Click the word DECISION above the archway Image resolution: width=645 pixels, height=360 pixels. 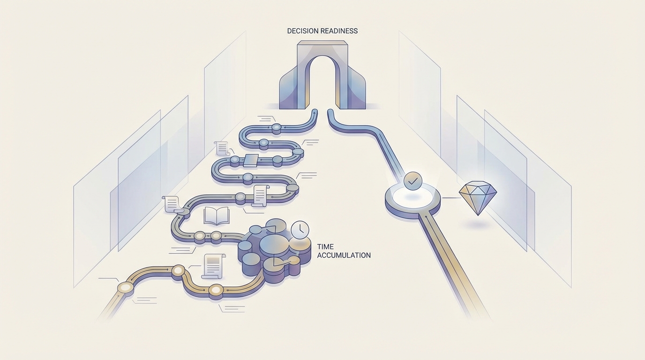[x=302, y=31]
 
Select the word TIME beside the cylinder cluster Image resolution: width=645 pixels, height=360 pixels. [x=325, y=247]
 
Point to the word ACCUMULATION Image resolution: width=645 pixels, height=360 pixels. [x=344, y=255]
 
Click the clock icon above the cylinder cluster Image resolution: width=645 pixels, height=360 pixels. [x=300, y=230]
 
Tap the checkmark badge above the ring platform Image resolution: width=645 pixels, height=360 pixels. [x=412, y=180]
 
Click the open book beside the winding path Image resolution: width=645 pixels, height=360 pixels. [x=216, y=216]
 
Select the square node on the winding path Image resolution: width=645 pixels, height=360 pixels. [x=251, y=160]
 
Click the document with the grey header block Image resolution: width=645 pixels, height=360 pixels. [x=213, y=266]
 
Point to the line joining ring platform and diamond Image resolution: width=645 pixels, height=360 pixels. [x=450, y=198]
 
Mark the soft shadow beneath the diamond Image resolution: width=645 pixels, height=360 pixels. [x=477, y=225]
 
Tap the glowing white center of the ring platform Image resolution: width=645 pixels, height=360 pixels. [x=413, y=196]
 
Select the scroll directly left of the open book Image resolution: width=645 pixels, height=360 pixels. [x=171, y=203]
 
